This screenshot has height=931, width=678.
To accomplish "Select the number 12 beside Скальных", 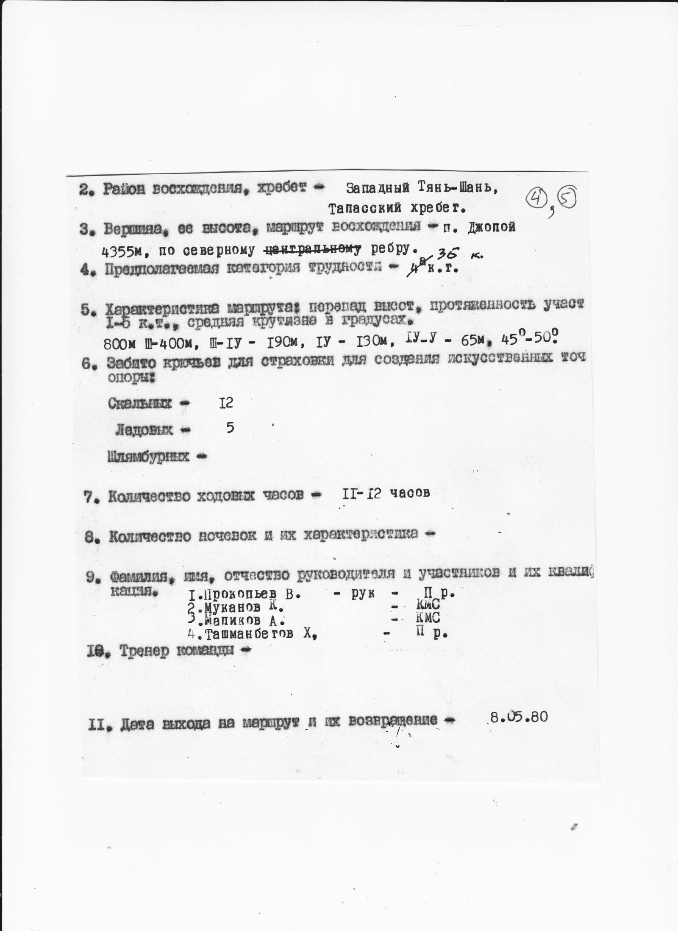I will [x=226, y=402].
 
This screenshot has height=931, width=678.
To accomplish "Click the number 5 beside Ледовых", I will [x=230, y=428].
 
